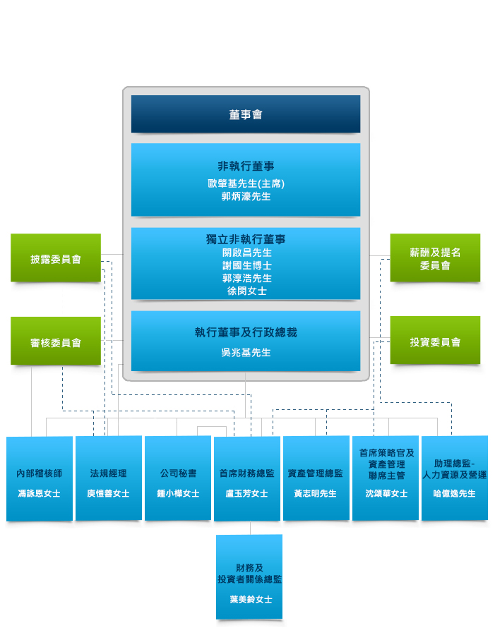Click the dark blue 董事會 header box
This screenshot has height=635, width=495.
pyautogui.click(x=246, y=114)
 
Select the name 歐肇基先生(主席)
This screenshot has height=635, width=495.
pyautogui.click(x=246, y=183)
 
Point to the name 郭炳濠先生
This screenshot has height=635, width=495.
pyautogui.click(x=246, y=196)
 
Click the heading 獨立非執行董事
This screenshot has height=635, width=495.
pyautogui.click(x=246, y=240)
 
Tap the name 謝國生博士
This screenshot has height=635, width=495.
pyautogui.click(x=246, y=265)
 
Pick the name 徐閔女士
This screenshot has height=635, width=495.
pyautogui.click(x=246, y=291)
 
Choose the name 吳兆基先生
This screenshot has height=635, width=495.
pyautogui.click(x=246, y=352)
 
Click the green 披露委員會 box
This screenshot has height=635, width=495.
pyautogui.click(x=56, y=258)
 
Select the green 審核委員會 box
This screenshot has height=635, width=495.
pyautogui.click(x=56, y=341)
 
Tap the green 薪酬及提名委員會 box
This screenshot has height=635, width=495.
pyautogui.click(x=435, y=258)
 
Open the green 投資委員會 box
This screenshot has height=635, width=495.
pyautogui.click(x=435, y=341)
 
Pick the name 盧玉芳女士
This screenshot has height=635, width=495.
pyautogui.click(x=247, y=494)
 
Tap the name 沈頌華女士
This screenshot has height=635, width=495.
pyautogui.click(x=386, y=494)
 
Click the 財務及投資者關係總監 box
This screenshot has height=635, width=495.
pyautogui.click(x=249, y=576)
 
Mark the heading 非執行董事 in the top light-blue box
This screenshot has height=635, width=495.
pyautogui.click(x=246, y=167)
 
